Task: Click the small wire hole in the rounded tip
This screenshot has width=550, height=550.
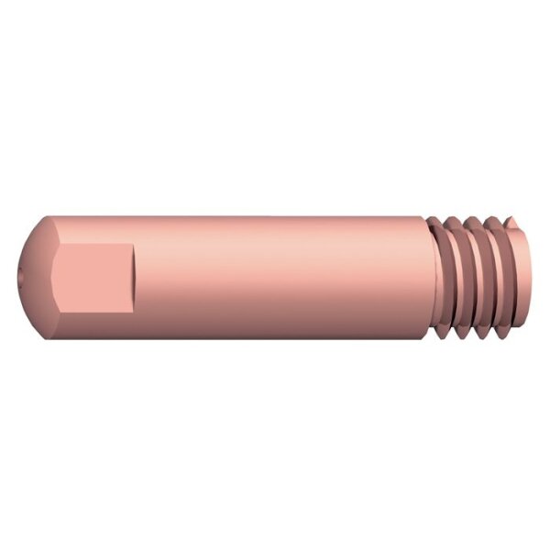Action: [x=21, y=272]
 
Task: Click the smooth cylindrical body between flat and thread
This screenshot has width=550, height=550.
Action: [x=275, y=275]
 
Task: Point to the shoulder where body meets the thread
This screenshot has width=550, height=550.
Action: [x=427, y=275]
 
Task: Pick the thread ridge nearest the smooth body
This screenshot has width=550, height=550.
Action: [x=442, y=275]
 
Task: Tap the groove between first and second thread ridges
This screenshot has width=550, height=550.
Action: [x=455, y=275]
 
